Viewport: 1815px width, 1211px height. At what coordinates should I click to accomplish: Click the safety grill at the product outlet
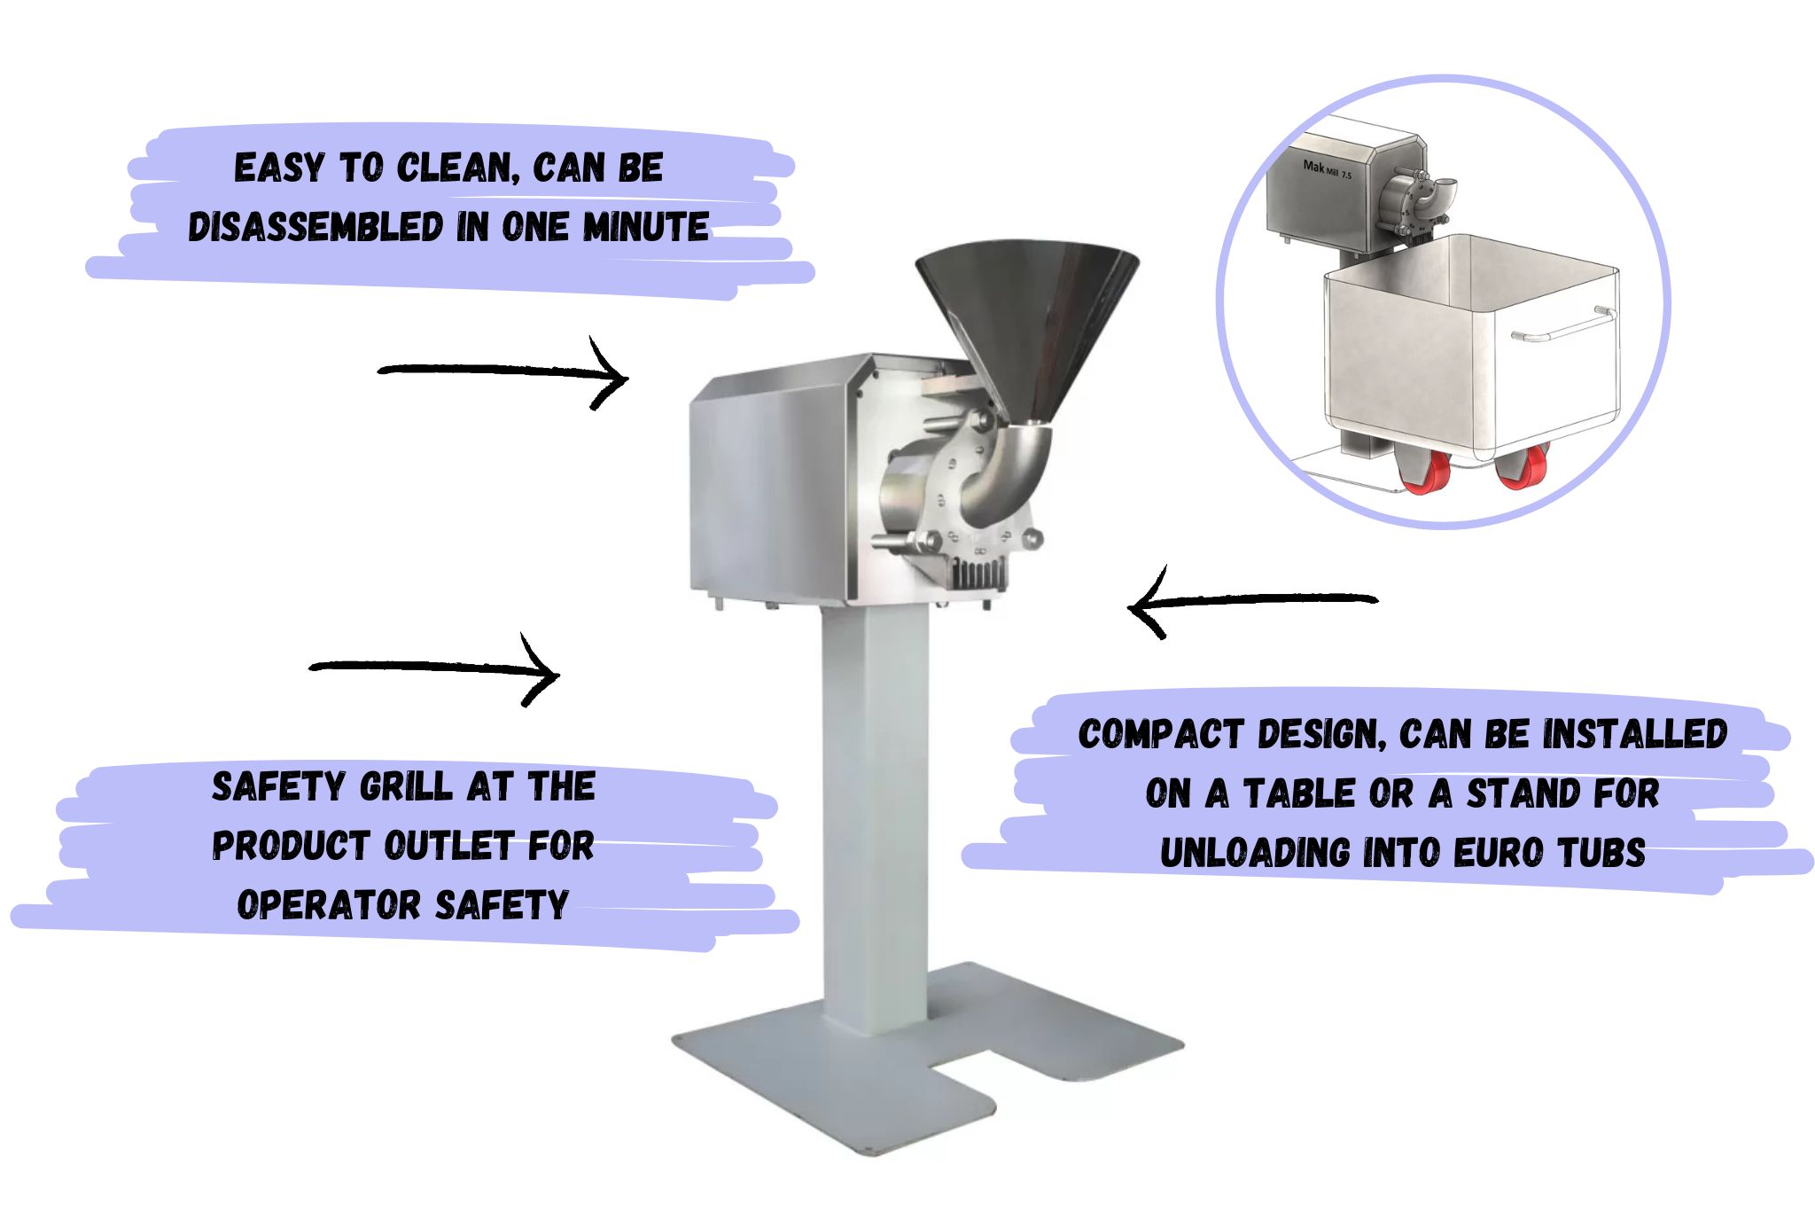click(x=981, y=572)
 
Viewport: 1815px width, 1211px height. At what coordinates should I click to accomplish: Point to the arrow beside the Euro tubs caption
click(x=1251, y=602)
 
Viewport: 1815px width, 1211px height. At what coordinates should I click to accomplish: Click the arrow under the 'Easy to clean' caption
click(x=503, y=372)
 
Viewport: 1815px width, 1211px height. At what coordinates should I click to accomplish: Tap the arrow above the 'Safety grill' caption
click(x=434, y=669)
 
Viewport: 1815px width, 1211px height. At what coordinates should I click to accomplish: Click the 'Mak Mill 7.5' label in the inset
click(x=1328, y=169)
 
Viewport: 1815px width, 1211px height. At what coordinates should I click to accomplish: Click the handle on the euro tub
click(x=1560, y=324)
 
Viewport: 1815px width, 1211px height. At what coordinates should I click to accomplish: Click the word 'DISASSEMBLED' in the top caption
click(x=315, y=227)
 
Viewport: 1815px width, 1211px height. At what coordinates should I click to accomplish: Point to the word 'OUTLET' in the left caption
click(x=449, y=846)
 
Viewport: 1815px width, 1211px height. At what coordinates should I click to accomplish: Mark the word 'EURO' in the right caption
click(x=1501, y=853)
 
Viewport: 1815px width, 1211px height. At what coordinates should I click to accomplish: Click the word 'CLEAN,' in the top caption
click(x=458, y=168)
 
